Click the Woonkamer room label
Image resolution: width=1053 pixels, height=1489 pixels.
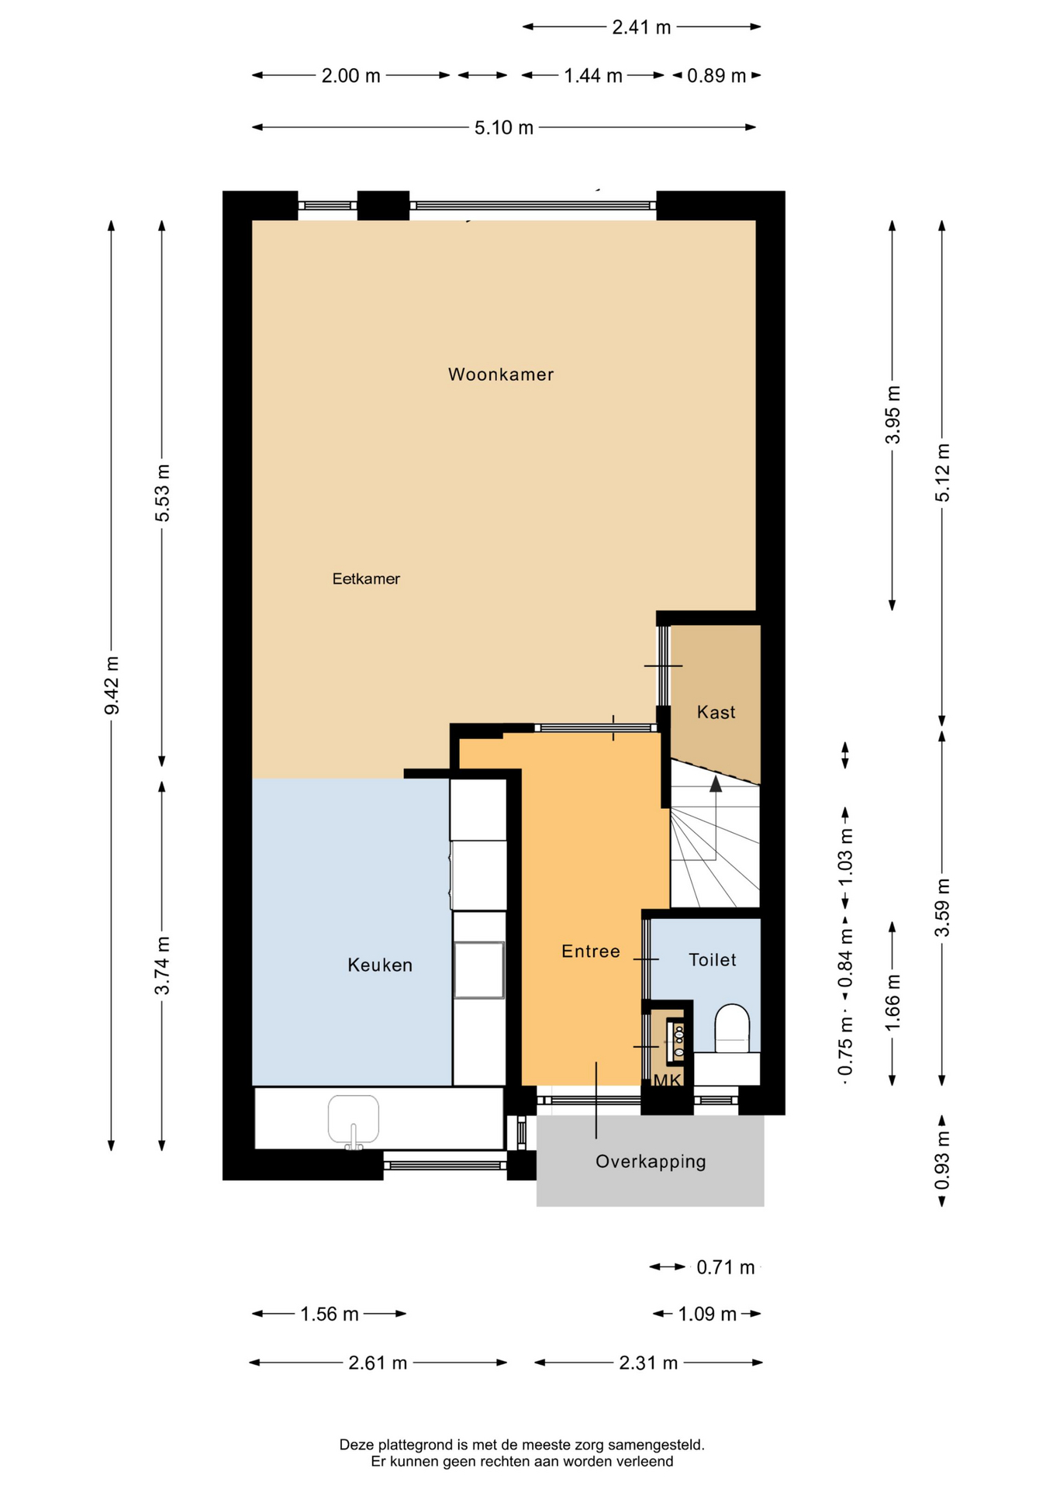click(501, 375)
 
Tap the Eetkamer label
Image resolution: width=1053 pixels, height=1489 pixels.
click(366, 579)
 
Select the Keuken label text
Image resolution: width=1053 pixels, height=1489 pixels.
click(380, 965)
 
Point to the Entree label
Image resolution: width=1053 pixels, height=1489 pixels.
click(591, 952)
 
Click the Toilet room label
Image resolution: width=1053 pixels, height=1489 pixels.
click(713, 960)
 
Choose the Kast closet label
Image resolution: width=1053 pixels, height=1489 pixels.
click(716, 712)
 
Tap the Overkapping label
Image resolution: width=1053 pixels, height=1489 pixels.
click(651, 1162)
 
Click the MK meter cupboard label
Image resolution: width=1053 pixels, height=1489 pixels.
click(667, 1080)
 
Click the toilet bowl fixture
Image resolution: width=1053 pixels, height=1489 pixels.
click(732, 1028)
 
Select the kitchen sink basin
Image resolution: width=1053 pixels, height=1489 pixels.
click(354, 1120)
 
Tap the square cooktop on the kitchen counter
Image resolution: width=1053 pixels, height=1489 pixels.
click(479, 969)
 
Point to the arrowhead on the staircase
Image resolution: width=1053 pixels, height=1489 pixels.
click(716, 784)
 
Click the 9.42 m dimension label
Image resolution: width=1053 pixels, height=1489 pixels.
click(112, 686)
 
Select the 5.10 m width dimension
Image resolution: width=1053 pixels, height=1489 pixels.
click(504, 127)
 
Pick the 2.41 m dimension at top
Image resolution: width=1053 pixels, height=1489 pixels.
click(641, 27)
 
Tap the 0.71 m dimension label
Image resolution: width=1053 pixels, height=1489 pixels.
click(725, 1267)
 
